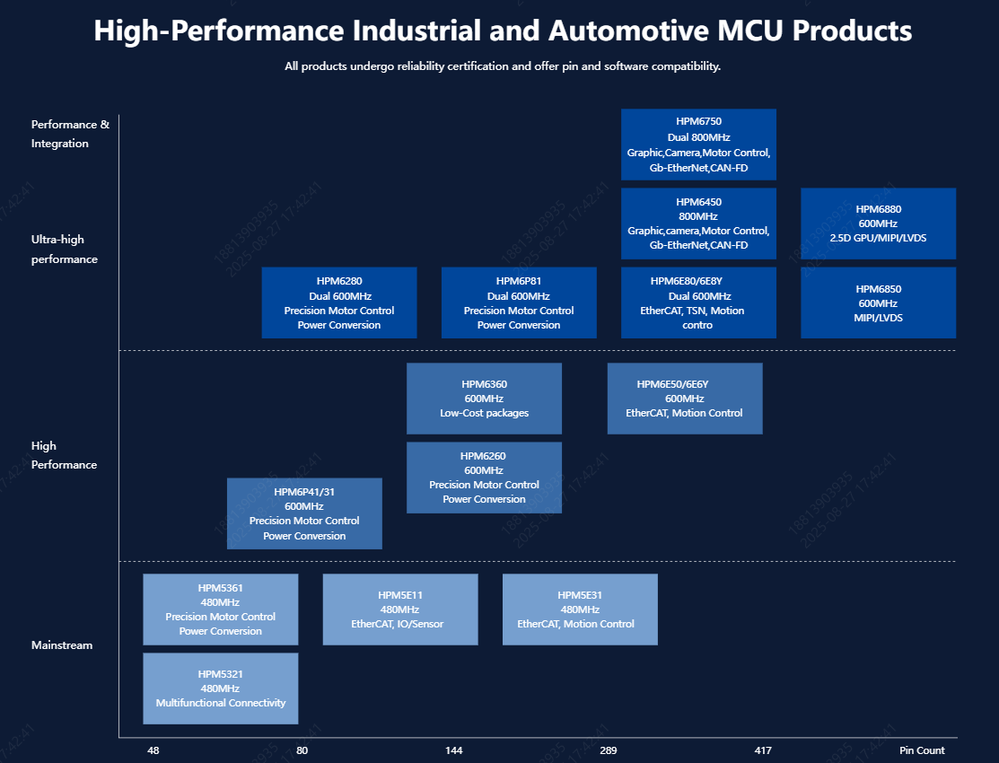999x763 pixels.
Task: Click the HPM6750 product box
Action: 698,145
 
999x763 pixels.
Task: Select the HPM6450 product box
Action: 698,224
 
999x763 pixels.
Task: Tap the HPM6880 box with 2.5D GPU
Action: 878,224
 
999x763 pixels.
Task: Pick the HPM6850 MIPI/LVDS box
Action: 878,303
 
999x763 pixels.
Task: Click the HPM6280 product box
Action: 339,303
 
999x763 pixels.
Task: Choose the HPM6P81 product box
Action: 519,303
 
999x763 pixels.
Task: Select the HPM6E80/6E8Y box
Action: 698,303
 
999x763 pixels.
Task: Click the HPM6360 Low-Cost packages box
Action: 484,399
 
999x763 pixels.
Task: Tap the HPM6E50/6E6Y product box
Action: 685,399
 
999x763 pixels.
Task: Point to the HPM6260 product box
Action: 484,478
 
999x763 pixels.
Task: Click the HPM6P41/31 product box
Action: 304,513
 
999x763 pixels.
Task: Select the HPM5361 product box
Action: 221,610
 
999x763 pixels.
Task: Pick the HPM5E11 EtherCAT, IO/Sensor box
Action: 400,610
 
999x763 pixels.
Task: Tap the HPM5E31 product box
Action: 580,610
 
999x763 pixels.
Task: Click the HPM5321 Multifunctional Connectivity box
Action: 221,688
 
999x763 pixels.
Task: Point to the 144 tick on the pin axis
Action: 453,750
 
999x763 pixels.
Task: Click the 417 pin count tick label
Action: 763,750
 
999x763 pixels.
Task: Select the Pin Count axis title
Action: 922,750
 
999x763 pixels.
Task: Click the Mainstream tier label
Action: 62,645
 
